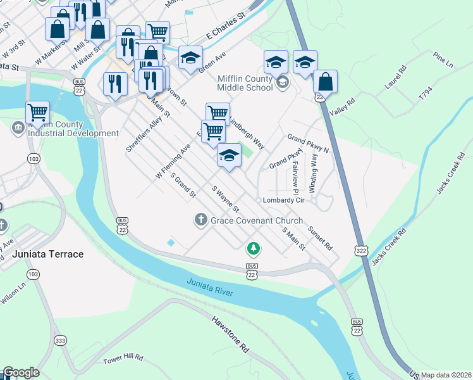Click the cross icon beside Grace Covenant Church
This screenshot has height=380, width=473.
200,220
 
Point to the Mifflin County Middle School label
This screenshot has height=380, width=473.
245,83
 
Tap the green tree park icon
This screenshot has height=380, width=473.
253,248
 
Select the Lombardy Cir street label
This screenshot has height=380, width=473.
284,200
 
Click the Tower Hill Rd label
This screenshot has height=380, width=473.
123,359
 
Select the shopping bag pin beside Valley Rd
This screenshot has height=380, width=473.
325,82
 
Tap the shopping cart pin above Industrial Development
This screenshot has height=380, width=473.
38,113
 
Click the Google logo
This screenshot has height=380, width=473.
21,372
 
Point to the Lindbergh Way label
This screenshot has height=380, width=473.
244,132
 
